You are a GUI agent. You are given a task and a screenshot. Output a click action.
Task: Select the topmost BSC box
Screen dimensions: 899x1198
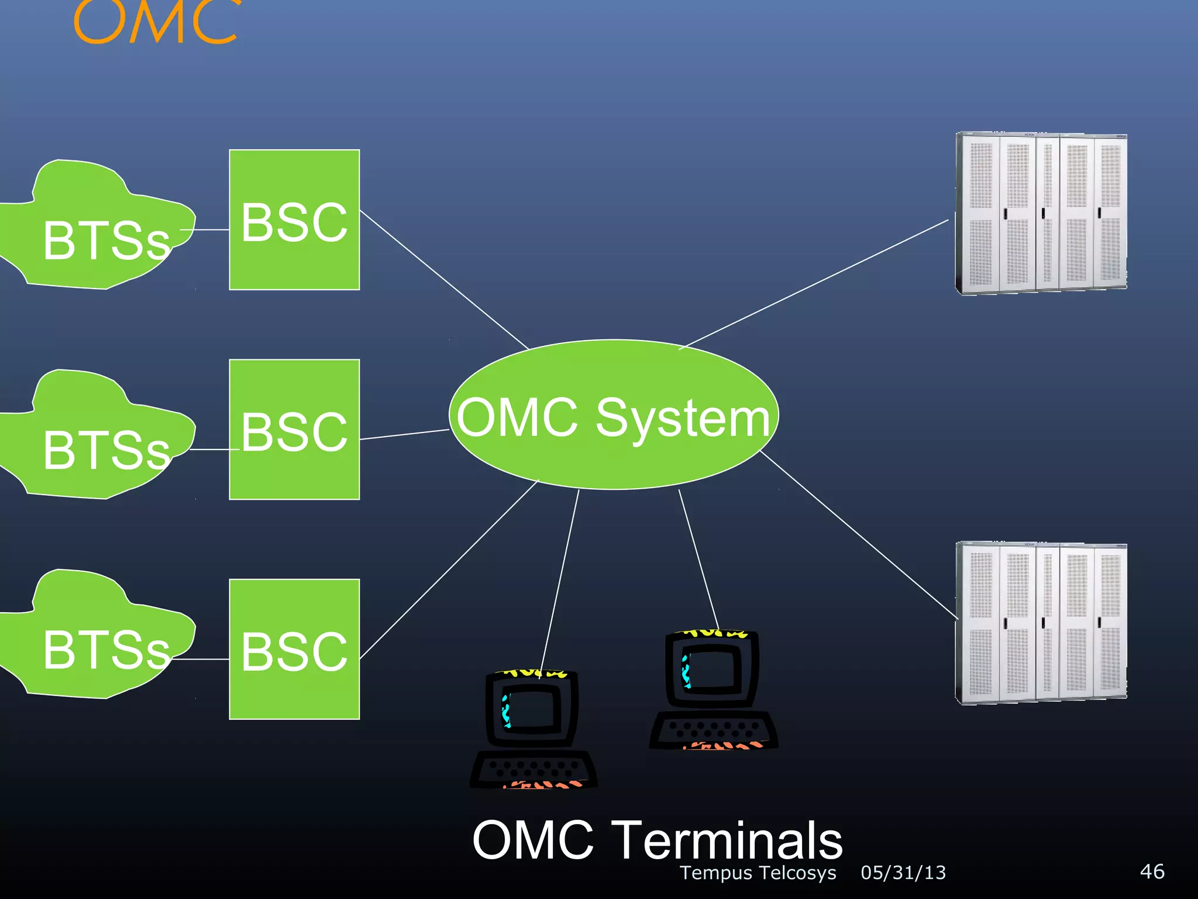[x=294, y=220]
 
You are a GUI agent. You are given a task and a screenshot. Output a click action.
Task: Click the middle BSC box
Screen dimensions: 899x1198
[x=294, y=430]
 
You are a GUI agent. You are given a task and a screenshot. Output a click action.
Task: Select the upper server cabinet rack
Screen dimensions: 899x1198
[x=1041, y=213]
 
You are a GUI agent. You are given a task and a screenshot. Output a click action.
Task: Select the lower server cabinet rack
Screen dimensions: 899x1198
[x=1041, y=623]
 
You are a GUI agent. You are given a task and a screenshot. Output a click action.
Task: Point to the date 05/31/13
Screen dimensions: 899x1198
[x=903, y=873]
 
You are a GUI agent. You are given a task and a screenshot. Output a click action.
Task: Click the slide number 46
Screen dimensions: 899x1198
[x=1152, y=871]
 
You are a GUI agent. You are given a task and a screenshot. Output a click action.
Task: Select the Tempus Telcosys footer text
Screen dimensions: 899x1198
[x=758, y=873]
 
